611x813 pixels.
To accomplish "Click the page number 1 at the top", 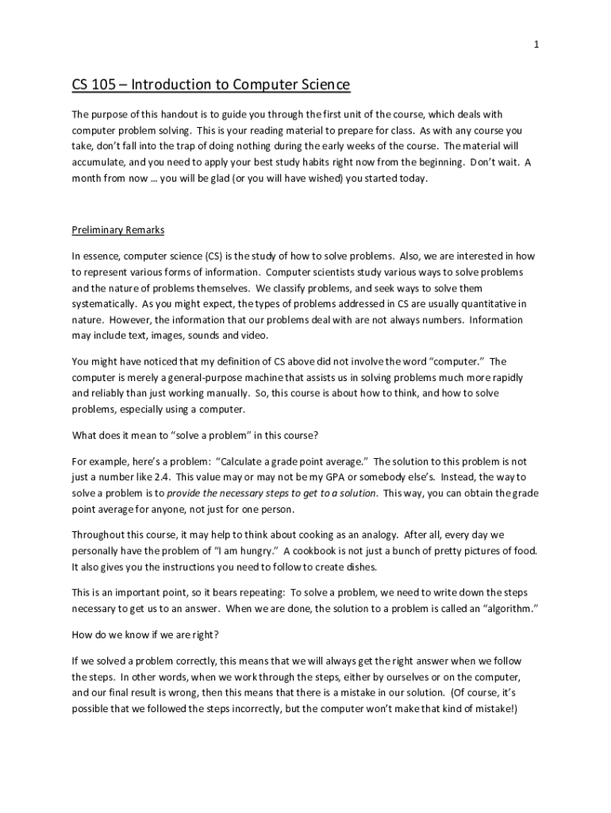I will click(x=536, y=45).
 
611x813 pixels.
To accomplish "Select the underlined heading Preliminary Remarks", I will click(x=118, y=230).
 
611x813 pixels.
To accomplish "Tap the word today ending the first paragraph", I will click(x=412, y=179).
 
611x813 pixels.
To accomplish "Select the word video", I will click(x=250, y=336).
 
